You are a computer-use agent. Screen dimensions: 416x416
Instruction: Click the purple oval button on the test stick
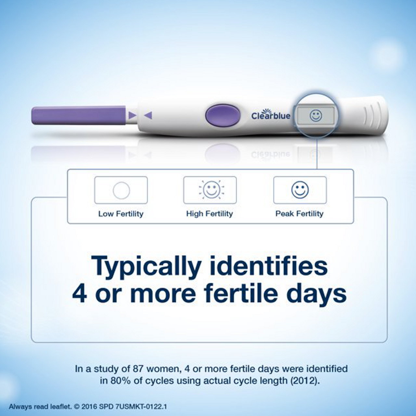coord(223,115)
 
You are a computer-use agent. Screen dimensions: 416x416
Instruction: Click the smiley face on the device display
coord(316,115)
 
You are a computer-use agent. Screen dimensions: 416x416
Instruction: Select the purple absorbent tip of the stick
coord(78,115)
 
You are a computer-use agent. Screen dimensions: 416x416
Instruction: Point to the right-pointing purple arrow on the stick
coord(132,115)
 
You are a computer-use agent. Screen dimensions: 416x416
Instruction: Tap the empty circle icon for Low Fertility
coord(121,190)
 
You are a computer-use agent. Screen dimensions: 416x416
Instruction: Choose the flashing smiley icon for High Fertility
coord(211,189)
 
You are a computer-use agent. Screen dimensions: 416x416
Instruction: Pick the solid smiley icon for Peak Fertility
coord(300,190)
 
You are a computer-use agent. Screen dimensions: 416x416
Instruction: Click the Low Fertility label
coord(121,214)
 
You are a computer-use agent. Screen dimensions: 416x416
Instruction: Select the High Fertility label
coord(210,214)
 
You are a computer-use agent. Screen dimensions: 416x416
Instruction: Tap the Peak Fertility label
coord(299,214)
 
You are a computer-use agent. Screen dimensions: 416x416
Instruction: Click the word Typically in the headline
coord(146,266)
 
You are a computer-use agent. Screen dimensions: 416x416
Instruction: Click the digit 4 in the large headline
coord(79,294)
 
